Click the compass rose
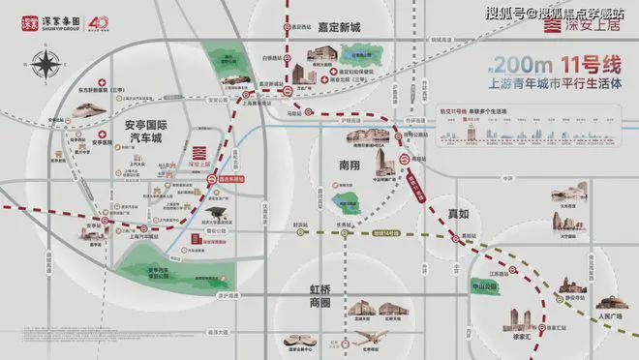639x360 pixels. (x=45, y=66)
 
